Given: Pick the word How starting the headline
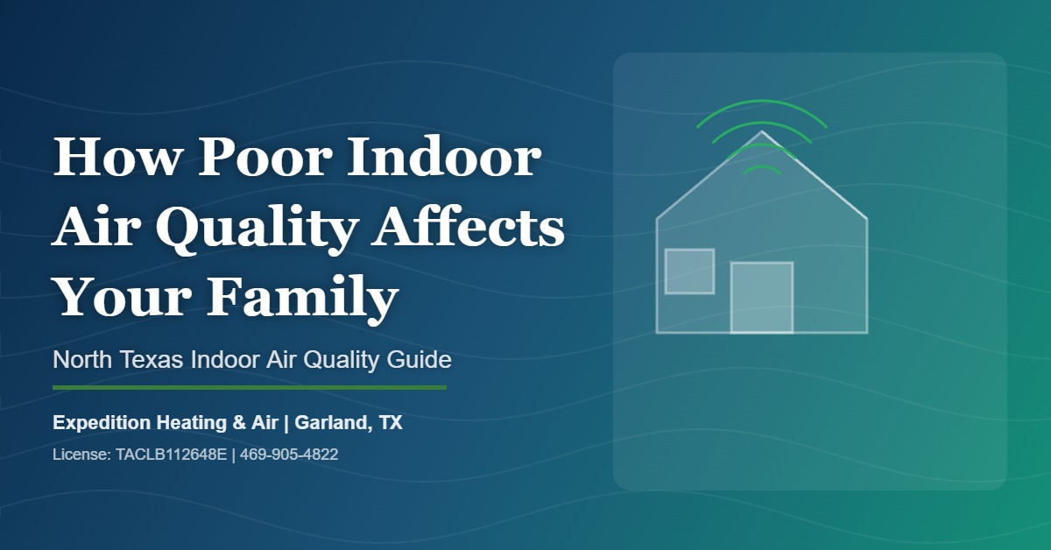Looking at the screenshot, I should point(112,159).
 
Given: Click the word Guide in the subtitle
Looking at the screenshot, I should point(422,359).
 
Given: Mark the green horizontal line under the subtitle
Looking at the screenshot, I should point(250,386).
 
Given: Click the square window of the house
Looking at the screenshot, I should point(689,271).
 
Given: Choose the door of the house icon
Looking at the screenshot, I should point(761,298).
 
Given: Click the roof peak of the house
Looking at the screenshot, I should point(761,134).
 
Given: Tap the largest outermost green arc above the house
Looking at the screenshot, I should point(761,103).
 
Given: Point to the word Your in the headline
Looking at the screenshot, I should point(116,298).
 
